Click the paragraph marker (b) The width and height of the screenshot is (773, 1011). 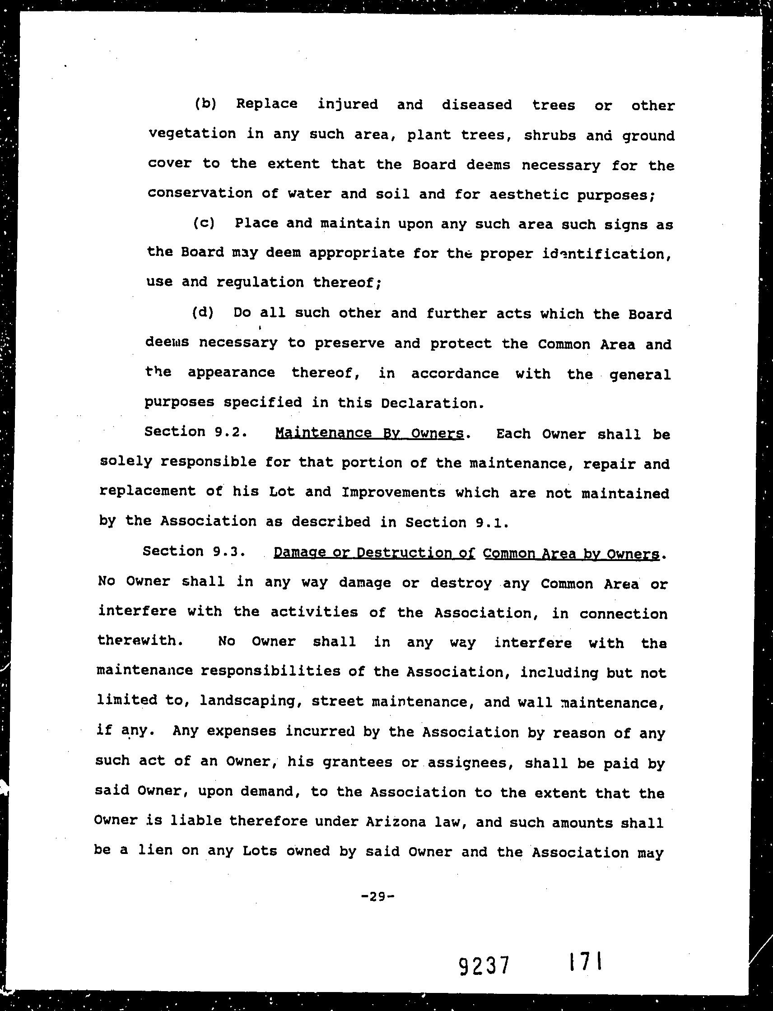[205, 104]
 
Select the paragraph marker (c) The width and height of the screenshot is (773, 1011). [203, 223]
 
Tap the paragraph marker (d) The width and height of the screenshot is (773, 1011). [202, 313]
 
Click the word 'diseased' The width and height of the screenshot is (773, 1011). [477, 105]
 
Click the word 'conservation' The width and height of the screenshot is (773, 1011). [200, 193]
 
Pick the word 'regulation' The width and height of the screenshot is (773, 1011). [260, 282]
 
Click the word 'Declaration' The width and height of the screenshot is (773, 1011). [432, 403]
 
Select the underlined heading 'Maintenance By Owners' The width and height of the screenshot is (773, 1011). [369, 433]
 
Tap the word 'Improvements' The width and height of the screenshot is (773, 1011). [393, 492]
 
